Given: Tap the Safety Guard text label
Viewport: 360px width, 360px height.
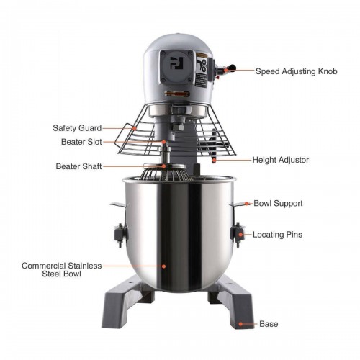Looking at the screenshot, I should tap(76, 128).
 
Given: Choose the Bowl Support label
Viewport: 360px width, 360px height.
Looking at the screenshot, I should tap(278, 204).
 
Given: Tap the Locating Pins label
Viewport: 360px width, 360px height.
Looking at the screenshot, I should tap(277, 235).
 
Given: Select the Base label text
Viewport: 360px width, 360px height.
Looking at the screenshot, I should tap(269, 325).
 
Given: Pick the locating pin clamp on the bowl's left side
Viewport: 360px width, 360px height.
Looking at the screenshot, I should tap(117, 235).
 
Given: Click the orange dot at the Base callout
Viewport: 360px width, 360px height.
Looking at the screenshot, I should tap(240, 324).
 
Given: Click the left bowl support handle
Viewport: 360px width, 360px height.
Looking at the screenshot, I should tap(117, 206).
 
